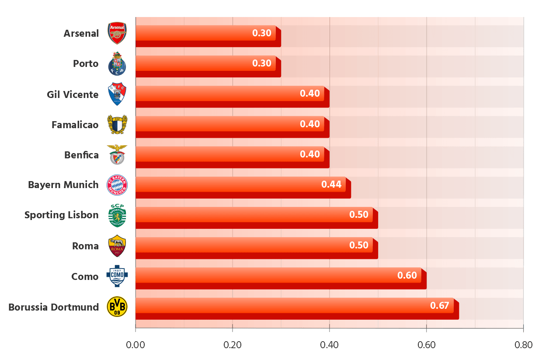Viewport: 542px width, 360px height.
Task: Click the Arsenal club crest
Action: (x=117, y=33)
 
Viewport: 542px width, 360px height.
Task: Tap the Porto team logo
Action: (x=117, y=63)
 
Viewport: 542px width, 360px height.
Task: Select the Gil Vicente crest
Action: (x=117, y=94)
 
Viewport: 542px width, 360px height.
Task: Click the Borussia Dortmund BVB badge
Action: (x=117, y=307)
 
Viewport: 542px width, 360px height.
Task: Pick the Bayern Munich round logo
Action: (x=117, y=185)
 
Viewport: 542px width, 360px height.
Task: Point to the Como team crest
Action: (x=117, y=276)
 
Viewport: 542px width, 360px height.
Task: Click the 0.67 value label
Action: (x=440, y=305)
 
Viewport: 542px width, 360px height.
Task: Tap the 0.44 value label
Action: (x=331, y=184)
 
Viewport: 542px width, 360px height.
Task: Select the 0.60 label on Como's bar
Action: (x=406, y=275)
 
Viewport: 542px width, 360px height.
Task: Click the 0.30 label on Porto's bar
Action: (x=262, y=63)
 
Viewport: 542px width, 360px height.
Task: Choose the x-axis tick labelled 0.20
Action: (x=233, y=345)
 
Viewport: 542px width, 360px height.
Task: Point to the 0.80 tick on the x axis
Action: (x=523, y=345)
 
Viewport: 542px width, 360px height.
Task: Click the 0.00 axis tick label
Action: (x=135, y=345)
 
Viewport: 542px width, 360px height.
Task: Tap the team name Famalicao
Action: (x=75, y=125)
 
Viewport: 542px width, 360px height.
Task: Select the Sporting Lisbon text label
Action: (x=62, y=215)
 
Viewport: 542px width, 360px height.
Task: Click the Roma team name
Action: (x=85, y=246)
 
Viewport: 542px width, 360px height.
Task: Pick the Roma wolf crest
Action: (x=117, y=246)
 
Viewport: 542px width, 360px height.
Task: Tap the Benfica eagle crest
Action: (x=117, y=154)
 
